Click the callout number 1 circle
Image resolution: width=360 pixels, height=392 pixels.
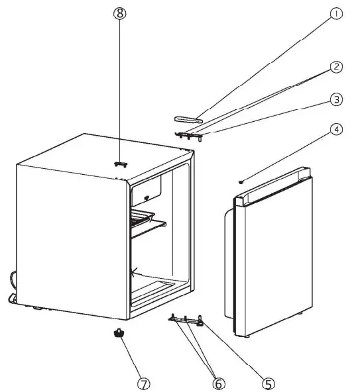337,13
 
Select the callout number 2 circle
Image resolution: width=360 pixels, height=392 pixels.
337,67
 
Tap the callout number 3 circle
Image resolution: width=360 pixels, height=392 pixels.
337,100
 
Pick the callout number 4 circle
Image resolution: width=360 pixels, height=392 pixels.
337,130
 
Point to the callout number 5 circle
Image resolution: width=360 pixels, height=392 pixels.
269,383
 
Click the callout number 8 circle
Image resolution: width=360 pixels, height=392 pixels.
119,13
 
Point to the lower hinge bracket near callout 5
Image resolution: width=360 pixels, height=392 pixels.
187,320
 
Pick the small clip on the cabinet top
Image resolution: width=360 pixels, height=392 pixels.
120,164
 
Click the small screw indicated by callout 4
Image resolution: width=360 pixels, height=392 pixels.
243,181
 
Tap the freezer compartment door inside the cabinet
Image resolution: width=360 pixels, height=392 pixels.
147,193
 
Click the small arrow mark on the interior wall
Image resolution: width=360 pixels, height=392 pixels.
135,270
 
